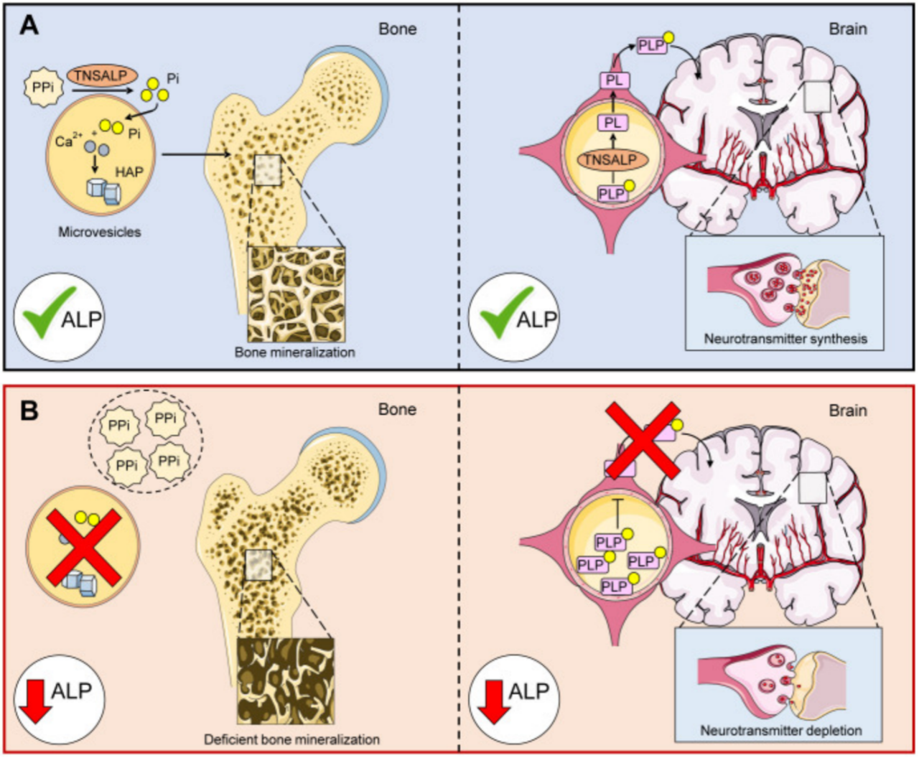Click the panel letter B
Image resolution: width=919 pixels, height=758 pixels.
click(29, 411)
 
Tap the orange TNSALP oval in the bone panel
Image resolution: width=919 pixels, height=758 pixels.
click(101, 75)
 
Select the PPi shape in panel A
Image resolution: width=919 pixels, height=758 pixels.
click(43, 89)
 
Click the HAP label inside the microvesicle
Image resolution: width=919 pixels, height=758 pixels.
click(129, 172)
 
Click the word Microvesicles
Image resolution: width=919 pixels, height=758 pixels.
click(100, 232)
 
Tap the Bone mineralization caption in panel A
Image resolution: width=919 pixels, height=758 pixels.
click(294, 352)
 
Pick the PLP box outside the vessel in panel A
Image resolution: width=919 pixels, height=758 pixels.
click(652, 45)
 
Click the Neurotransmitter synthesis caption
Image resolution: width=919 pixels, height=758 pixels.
click(785, 338)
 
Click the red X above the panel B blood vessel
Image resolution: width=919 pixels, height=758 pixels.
click(643, 439)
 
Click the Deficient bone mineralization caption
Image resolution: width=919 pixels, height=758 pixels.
click(291, 739)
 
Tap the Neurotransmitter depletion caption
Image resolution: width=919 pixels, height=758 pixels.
click(781, 731)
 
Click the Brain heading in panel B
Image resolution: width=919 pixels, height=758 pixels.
click(848, 411)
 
